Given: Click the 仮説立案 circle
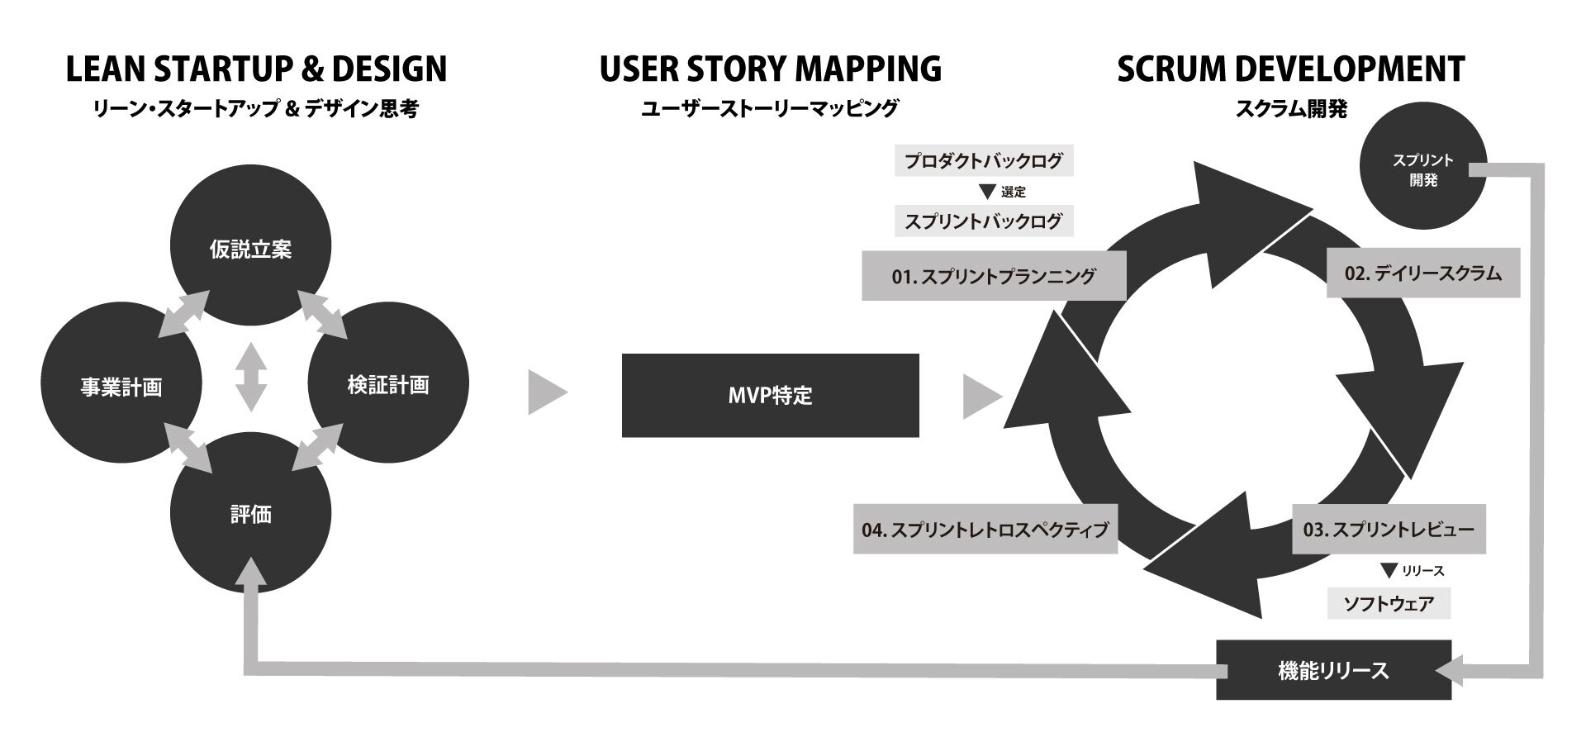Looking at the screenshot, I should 250,248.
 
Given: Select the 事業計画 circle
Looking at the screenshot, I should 121,386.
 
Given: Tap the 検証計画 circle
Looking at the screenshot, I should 388,384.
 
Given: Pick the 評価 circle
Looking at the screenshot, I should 250,514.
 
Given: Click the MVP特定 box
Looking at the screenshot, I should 770,395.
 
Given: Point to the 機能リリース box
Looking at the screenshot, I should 1333,670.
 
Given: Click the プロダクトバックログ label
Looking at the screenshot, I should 983,161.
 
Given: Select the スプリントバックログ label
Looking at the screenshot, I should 983,221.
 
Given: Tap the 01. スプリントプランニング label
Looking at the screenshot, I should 993,276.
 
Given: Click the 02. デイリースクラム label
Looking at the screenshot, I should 1422,273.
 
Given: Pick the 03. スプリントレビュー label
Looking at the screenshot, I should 1389,529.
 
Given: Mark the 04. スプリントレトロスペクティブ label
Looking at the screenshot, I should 985,530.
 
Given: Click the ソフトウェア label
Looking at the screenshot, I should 1389,603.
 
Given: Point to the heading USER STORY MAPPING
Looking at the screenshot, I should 770,69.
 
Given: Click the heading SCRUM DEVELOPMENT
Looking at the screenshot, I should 1290,69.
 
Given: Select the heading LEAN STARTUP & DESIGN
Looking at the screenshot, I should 256,69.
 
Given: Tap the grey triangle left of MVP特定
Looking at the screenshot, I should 546,392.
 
